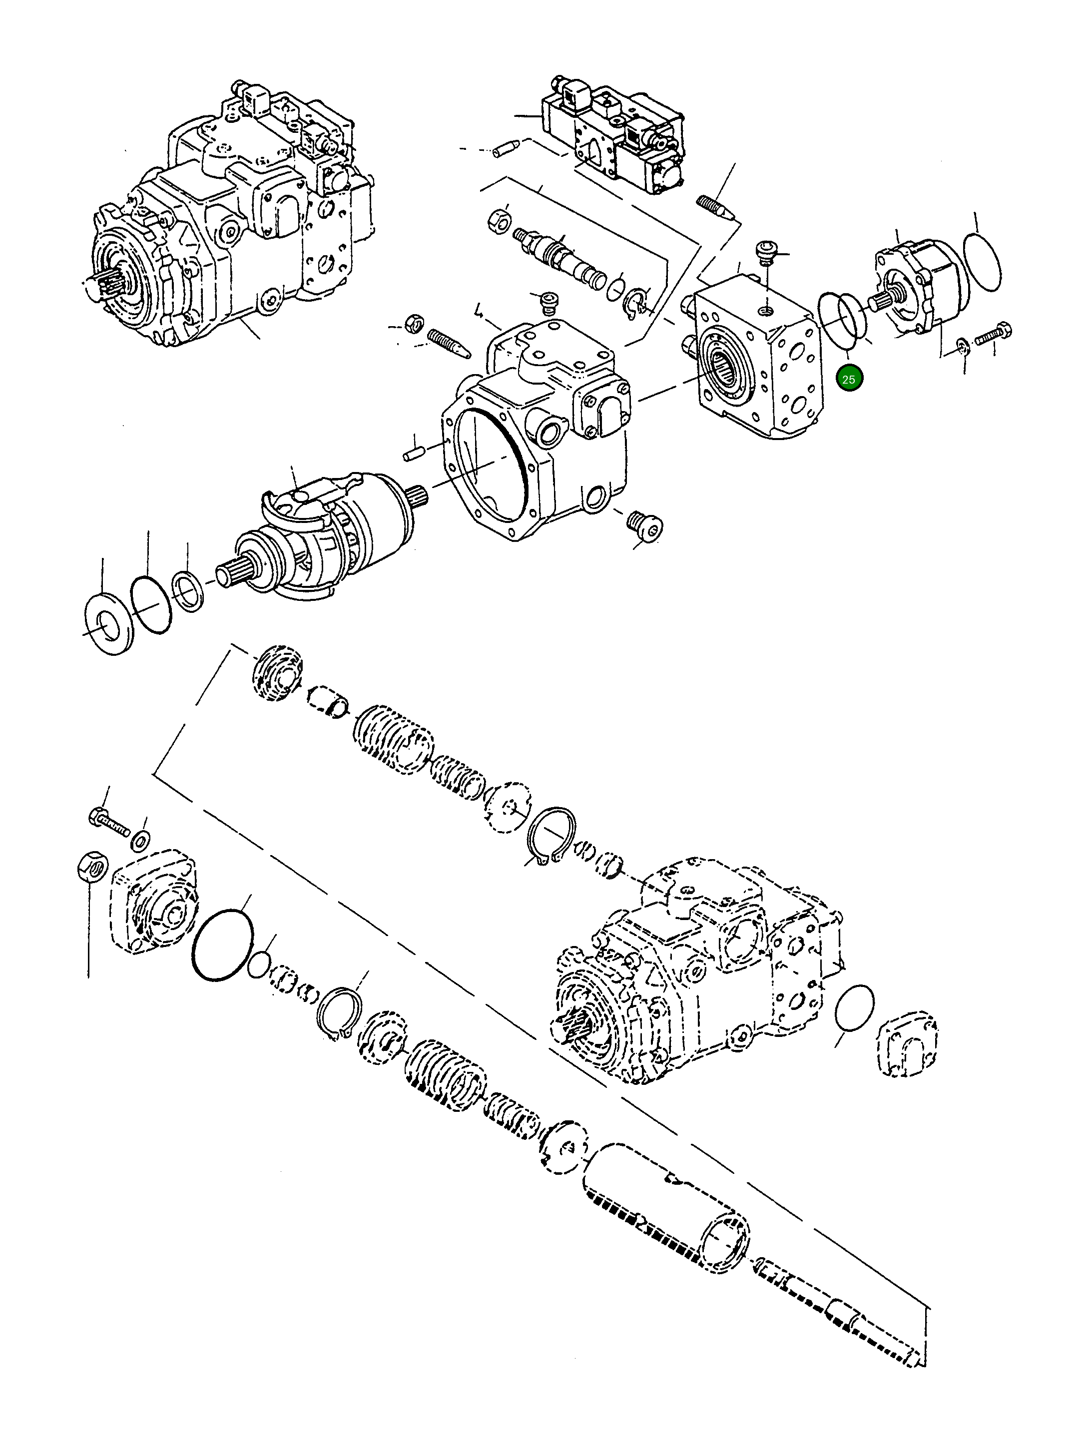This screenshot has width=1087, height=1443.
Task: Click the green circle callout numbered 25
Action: click(x=849, y=379)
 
